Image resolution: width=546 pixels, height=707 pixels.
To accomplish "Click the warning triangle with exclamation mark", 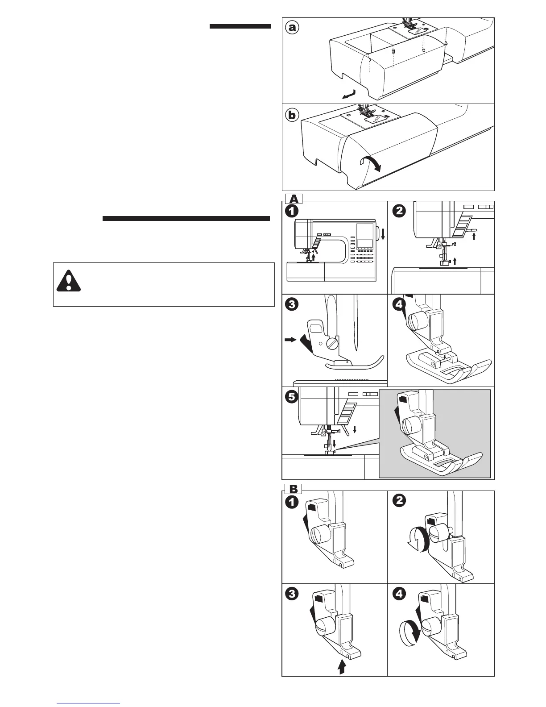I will [x=69, y=282].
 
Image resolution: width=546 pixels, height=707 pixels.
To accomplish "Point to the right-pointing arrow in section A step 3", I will [x=290, y=340].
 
